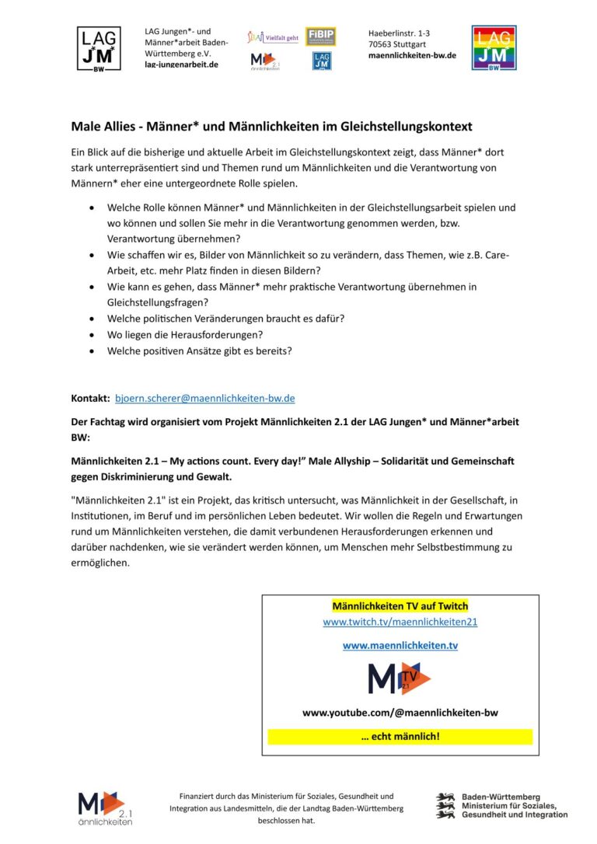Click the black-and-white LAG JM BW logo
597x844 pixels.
click(98, 48)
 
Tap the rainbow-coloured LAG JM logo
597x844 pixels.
click(494, 48)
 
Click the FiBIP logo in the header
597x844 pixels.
click(320, 37)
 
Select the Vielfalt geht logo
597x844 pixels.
click(272, 37)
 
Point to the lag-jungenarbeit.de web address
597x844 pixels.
click(181, 65)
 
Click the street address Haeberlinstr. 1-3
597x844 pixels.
click(399, 33)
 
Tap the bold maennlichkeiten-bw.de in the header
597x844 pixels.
click(412, 55)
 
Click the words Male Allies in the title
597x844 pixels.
click(101, 126)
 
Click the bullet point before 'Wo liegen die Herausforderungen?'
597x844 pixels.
click(93, 335)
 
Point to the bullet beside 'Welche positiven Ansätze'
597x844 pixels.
click(93, 351)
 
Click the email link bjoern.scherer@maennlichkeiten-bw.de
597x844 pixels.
click(204, 399)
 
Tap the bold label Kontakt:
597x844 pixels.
click(90, 399)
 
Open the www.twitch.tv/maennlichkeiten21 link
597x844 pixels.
click(400, 623)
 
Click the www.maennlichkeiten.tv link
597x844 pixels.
click(400, 645)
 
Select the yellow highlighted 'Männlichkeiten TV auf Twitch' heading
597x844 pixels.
click(400, 606)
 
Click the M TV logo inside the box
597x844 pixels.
click(400, 678)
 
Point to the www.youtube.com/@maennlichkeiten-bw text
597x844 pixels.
click(400, 713)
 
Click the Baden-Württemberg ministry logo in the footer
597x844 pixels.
click(501, 805)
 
